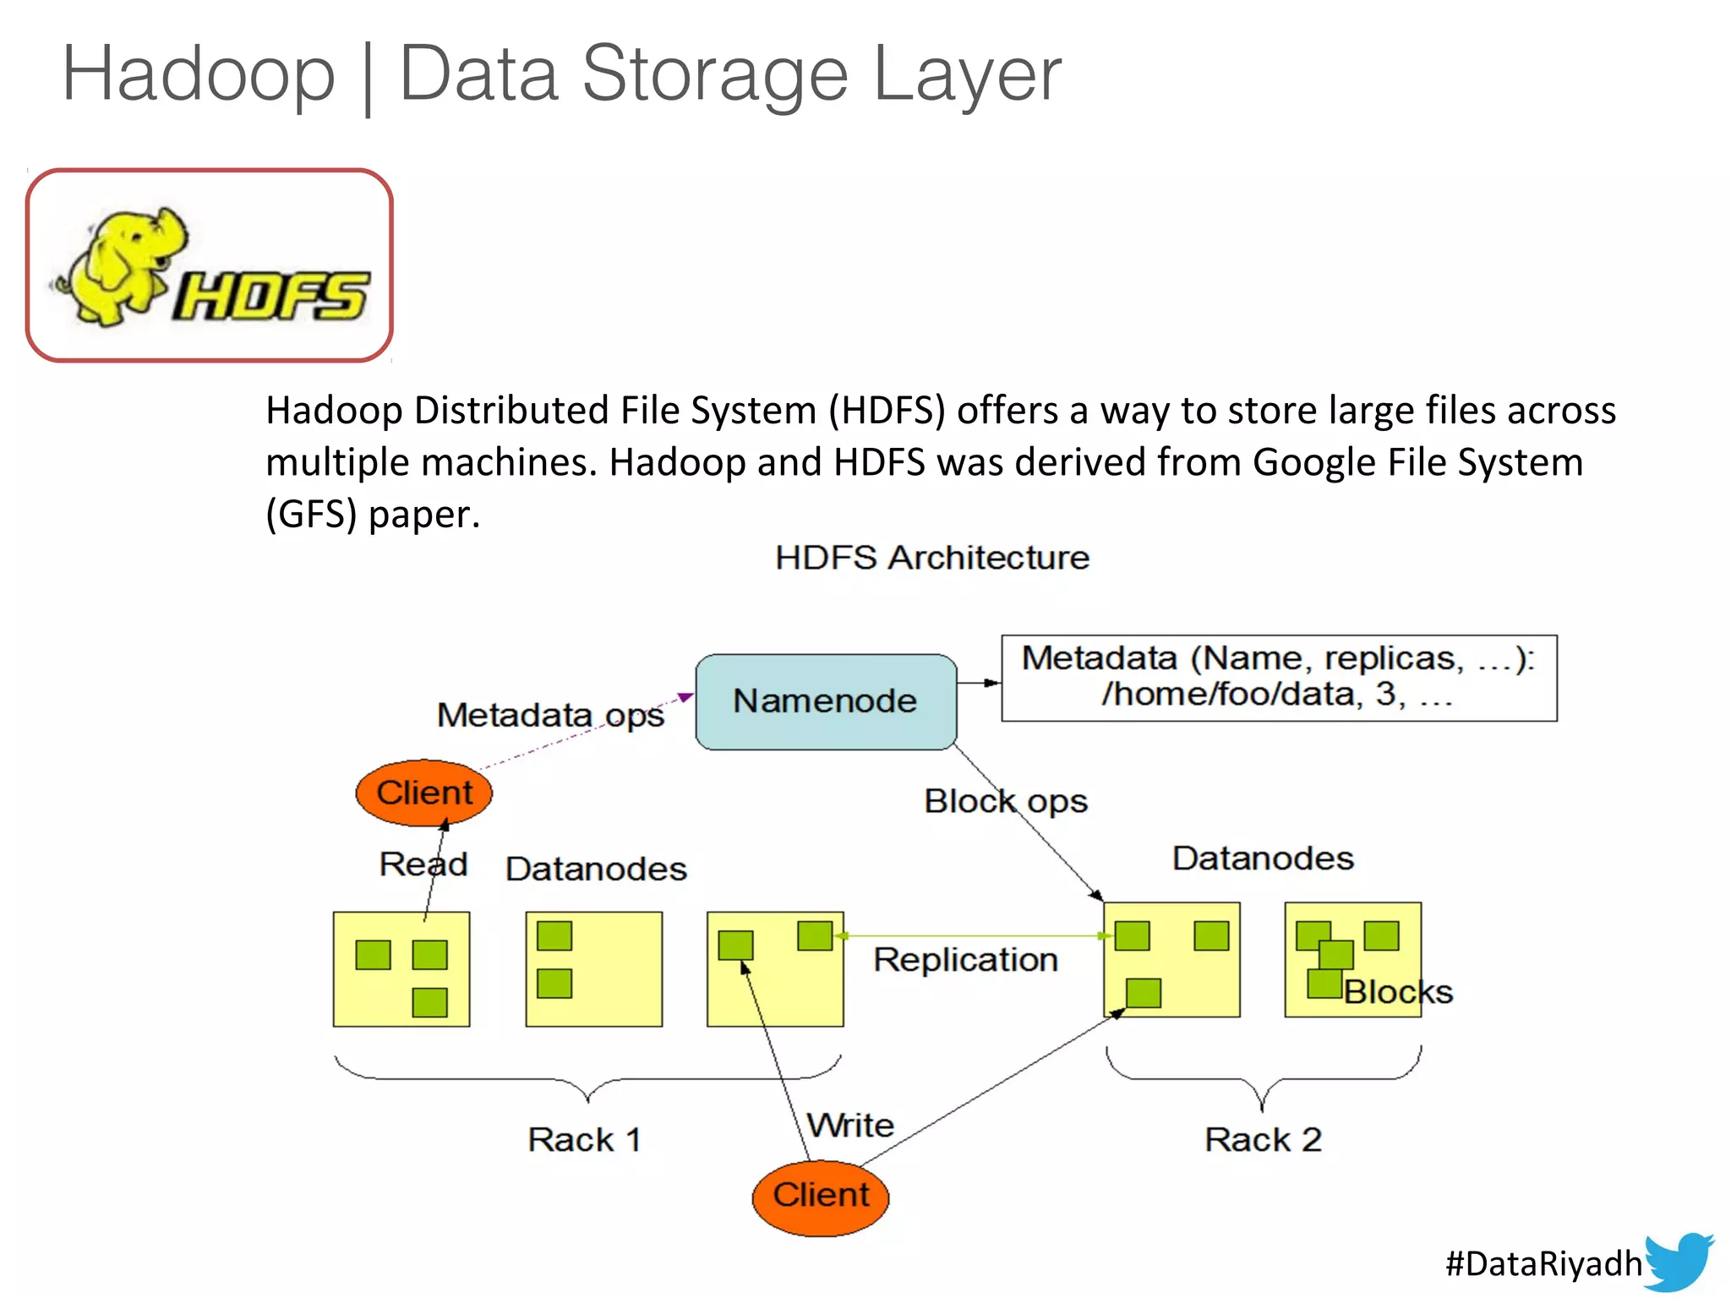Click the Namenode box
(x=826, y=701)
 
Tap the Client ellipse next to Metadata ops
(x=423, y=793)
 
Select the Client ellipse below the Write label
(x=820, y=1196)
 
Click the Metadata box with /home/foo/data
(x=1278, y=678)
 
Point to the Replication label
(x=965, y=960)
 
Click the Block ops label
(x=1005, y=801)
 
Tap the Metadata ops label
(x=550, y=716)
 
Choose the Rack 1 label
(x=584, y=1139)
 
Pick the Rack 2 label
(x=1263, y=1139)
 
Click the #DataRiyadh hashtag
(x=1543, y=1263)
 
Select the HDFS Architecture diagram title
(x=932, y=558)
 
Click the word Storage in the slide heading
(x=714, y=74)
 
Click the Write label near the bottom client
(x=850, y=1125)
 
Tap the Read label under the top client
(x=423, y=864)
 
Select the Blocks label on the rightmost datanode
(x=1398, y=992)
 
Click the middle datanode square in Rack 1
(x=593, y=968)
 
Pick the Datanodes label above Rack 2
(x=1263, y=859)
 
